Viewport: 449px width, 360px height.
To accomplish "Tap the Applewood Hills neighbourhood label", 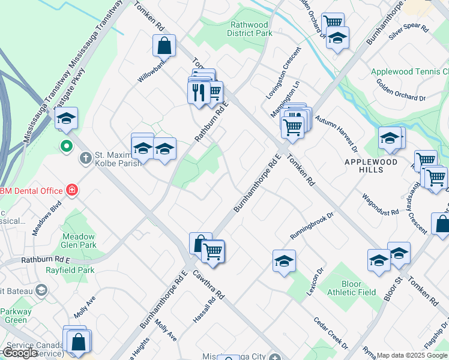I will pyautogui.click(x=371, y=166).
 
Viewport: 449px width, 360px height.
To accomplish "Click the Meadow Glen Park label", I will pyautogui.click(x=79, y=241).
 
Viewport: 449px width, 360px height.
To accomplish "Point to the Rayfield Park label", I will pyautogui.click(x=70, y=270).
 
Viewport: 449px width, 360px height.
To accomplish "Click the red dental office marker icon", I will pyautogui.click(x=72, y=190).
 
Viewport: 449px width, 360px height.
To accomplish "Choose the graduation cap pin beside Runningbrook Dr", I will pyautogui.click(x=284, y=261).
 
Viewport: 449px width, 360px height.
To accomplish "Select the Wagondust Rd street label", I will pyautogui.click(x=380, y=205).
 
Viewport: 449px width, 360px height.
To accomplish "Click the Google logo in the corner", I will pyautogui.click(x=19, y=353).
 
